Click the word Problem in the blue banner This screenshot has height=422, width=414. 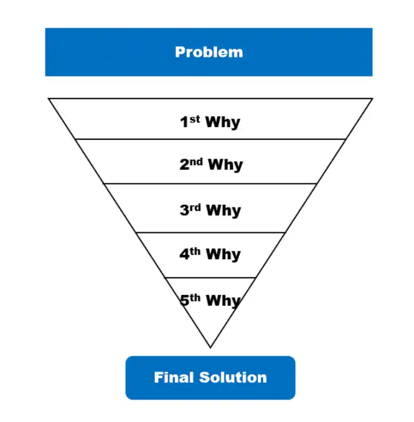(x=209, y=52)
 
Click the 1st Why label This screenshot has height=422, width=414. (x=210, y=122)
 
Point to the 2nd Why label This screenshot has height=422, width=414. (x=211, y=165)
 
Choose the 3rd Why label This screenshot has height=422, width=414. (x=210, y=210)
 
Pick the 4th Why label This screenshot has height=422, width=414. (x=210, y=254)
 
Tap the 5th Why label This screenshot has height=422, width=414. (x=210, y=300)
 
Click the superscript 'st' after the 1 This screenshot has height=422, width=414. (x=195, y=119)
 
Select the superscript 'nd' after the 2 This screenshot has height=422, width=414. (x=197, y=162)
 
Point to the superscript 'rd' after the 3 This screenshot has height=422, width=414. (x=195, y=207)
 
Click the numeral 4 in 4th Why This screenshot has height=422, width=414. (x=184, y=255)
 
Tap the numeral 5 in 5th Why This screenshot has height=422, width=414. (x=184, y=301)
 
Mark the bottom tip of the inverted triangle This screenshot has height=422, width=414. (x=210, y=347)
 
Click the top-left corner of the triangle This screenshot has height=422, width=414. (x=49, y=98)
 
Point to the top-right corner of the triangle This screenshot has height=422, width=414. (x=372, y=98)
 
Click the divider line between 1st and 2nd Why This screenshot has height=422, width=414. (x=210, y=139)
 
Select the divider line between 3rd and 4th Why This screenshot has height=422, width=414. (x=210, y=232)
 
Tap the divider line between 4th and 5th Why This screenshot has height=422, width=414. (x=210, y=278)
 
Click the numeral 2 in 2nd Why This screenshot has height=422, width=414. (x=184, y=165)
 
